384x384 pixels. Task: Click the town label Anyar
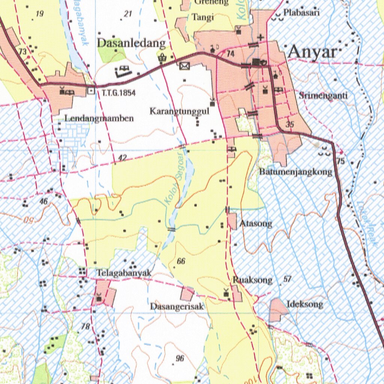(312, 53)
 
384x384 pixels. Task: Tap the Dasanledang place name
(131, 43)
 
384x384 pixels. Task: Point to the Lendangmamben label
(99, 118)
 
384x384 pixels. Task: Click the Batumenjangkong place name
(296, 172)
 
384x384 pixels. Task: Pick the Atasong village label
(256, 224)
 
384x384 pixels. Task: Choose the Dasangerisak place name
(177, 306)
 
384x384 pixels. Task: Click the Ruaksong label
(252, 280)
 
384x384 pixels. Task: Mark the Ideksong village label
(304, 304)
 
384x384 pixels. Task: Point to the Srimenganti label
(323, 96)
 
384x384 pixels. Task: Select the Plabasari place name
(301, 12)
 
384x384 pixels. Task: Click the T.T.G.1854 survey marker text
(116, 93)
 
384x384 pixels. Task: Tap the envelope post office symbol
(184, 66)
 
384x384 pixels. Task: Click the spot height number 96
(180, 358)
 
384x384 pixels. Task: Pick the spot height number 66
(181, 261)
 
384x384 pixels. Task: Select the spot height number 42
(122, 158)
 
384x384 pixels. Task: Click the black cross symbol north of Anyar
(261, 37)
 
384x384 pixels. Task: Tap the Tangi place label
(202, 17)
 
